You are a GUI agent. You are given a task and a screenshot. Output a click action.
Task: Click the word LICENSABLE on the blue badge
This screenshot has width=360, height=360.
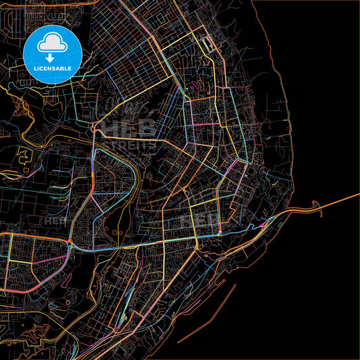(x=52, y=68)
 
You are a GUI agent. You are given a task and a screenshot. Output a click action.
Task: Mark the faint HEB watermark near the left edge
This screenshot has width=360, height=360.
(x=53, y=220)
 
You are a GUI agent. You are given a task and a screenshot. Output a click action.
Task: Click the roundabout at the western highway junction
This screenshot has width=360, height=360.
(x=71, y=243)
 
